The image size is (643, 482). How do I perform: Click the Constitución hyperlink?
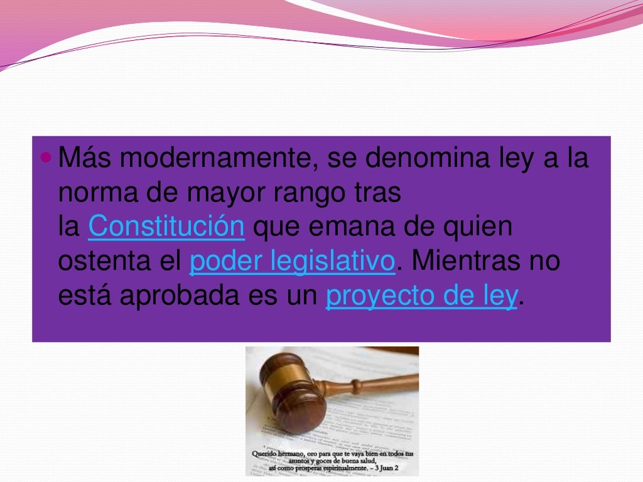click(x=166, y=227)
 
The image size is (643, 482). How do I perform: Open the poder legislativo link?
click(x=291, y=261)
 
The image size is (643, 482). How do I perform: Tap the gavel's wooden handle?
click(x=377, y=382)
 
